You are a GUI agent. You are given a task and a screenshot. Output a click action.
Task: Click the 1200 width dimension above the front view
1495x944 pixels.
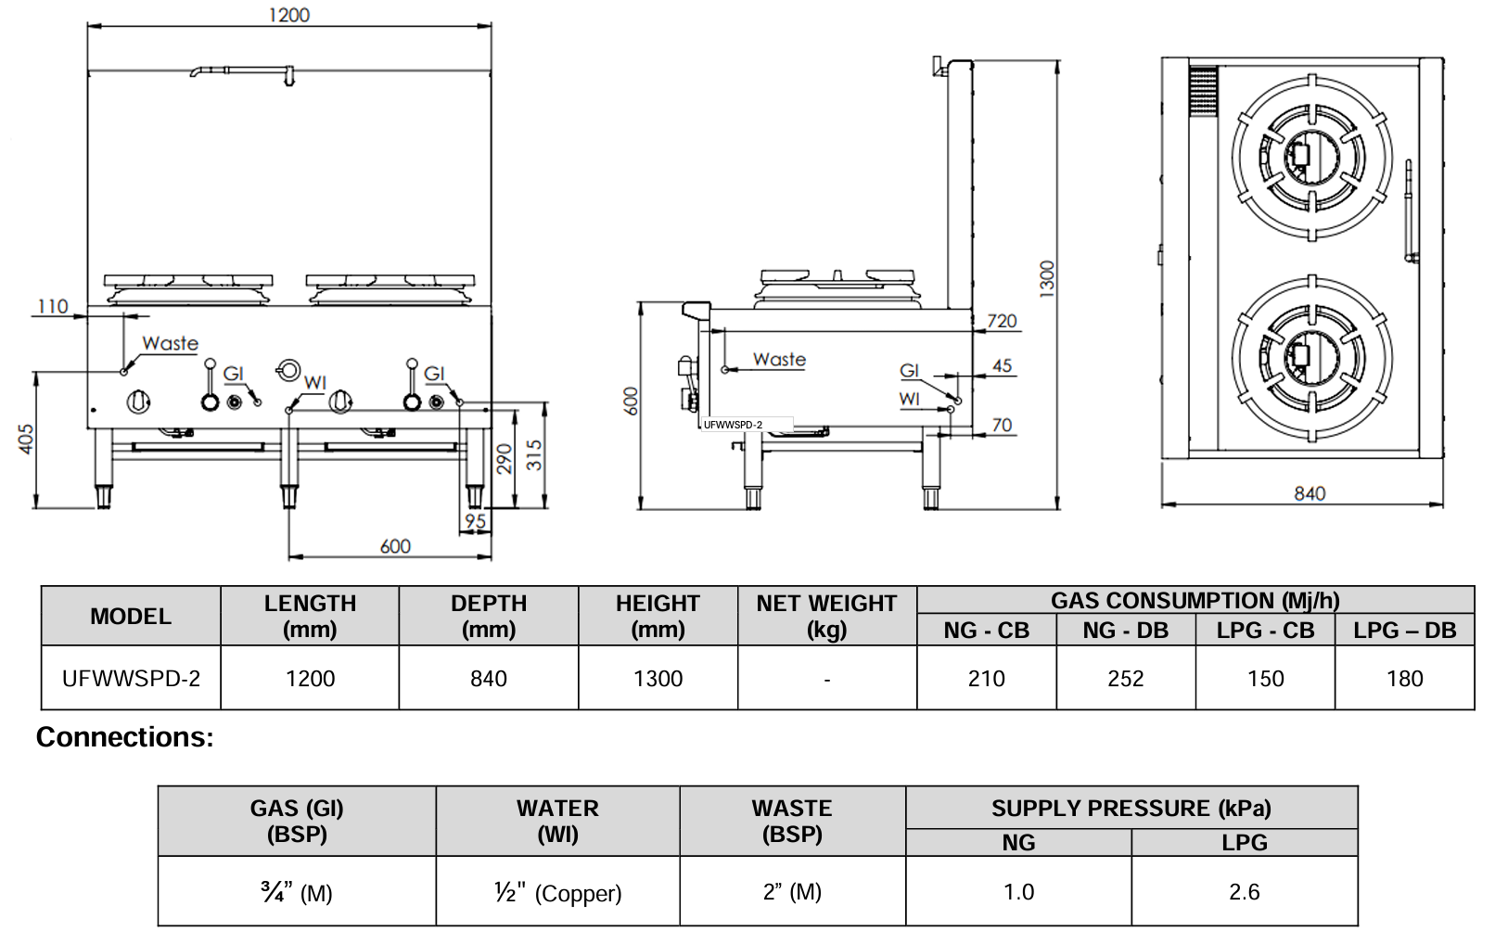(288, 15)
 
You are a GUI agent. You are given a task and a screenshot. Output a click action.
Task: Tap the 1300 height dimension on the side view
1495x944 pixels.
(1047, 278)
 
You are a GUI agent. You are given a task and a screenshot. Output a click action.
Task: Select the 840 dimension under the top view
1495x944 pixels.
(1310, 493)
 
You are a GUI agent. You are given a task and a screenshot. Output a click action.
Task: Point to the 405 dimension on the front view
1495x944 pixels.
(26, 439)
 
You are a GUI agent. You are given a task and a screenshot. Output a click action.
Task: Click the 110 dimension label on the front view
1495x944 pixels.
(53, 306)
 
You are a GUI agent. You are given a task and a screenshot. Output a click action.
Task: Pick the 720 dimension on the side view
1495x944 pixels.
(1002, 321)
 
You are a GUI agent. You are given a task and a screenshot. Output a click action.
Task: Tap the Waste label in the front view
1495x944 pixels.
(170, 343)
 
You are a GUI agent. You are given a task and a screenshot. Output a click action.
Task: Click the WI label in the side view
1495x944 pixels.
(909, 399)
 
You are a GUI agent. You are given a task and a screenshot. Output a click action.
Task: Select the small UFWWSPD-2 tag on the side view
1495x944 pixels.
(733, 425)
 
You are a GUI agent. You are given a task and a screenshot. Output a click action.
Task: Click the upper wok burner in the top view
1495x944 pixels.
(1311, 158)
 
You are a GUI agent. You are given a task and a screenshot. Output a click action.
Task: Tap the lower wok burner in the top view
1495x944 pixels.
(1311, 358)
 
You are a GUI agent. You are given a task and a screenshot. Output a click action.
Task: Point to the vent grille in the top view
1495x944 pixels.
(1203, 90)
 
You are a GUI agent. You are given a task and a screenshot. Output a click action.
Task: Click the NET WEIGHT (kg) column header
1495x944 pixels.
(826, 616)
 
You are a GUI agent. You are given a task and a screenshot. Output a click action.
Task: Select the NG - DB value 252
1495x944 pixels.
(1125, 679)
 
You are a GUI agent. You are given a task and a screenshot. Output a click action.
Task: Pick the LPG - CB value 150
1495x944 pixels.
(1265, 679)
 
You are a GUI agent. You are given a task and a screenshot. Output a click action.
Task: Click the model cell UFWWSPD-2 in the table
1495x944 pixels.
(131, 679)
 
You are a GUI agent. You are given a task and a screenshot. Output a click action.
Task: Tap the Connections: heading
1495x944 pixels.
(124, 737)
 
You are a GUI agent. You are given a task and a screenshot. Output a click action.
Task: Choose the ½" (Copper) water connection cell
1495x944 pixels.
(557, 893)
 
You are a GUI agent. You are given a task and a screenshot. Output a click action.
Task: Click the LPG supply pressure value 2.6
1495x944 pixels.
(1244, 892)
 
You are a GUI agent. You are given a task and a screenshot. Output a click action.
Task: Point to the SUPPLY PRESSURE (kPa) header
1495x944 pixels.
(1131, 809)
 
